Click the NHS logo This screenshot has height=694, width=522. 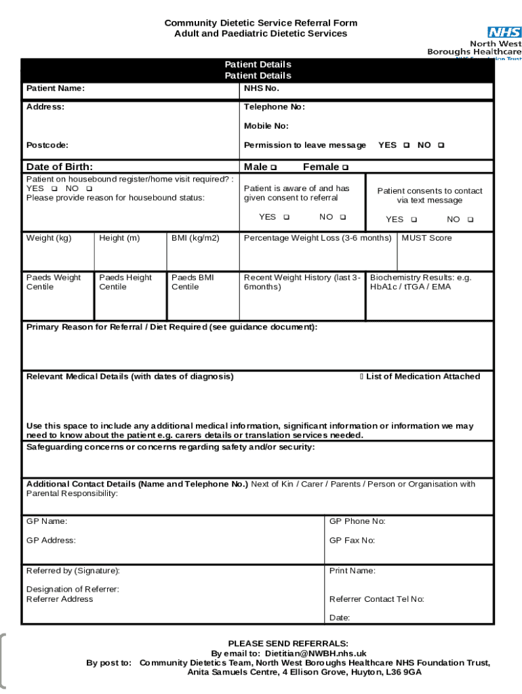pyautogui.click(x=504, y=32)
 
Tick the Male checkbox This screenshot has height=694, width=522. pyautogui.click(x=273, y=167)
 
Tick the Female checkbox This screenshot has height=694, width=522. pyautogui.click(x=345, y=167)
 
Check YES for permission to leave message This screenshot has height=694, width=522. pyautogui.click(x=406, y=145)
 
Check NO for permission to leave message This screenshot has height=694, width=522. pyautogui.click(x=441, y=145)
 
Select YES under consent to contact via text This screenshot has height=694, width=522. pyautogui.click(x=414, y=220)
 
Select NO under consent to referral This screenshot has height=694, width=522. pyautogui.click(x=343, y=217)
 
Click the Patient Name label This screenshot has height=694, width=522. pyautogui.click(x=56, y=89)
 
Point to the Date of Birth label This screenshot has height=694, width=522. pyautogui.click(x=60, y=167)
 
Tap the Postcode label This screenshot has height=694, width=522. pyautogui.click(x=47, y=145)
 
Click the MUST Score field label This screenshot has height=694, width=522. pyautogui.click(x=426, y=238)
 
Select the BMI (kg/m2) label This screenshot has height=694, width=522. pyautogui.click(x=195, y=238)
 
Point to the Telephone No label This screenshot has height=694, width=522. pyautogui.click(x=275, y=107)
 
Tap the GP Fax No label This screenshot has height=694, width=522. pyautogui.click(x=352, y=540)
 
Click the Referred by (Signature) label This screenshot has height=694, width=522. pyautogui.click(x=73, y=571)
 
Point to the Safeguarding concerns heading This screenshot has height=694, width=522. pyautogui.click(x=170, y=447)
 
